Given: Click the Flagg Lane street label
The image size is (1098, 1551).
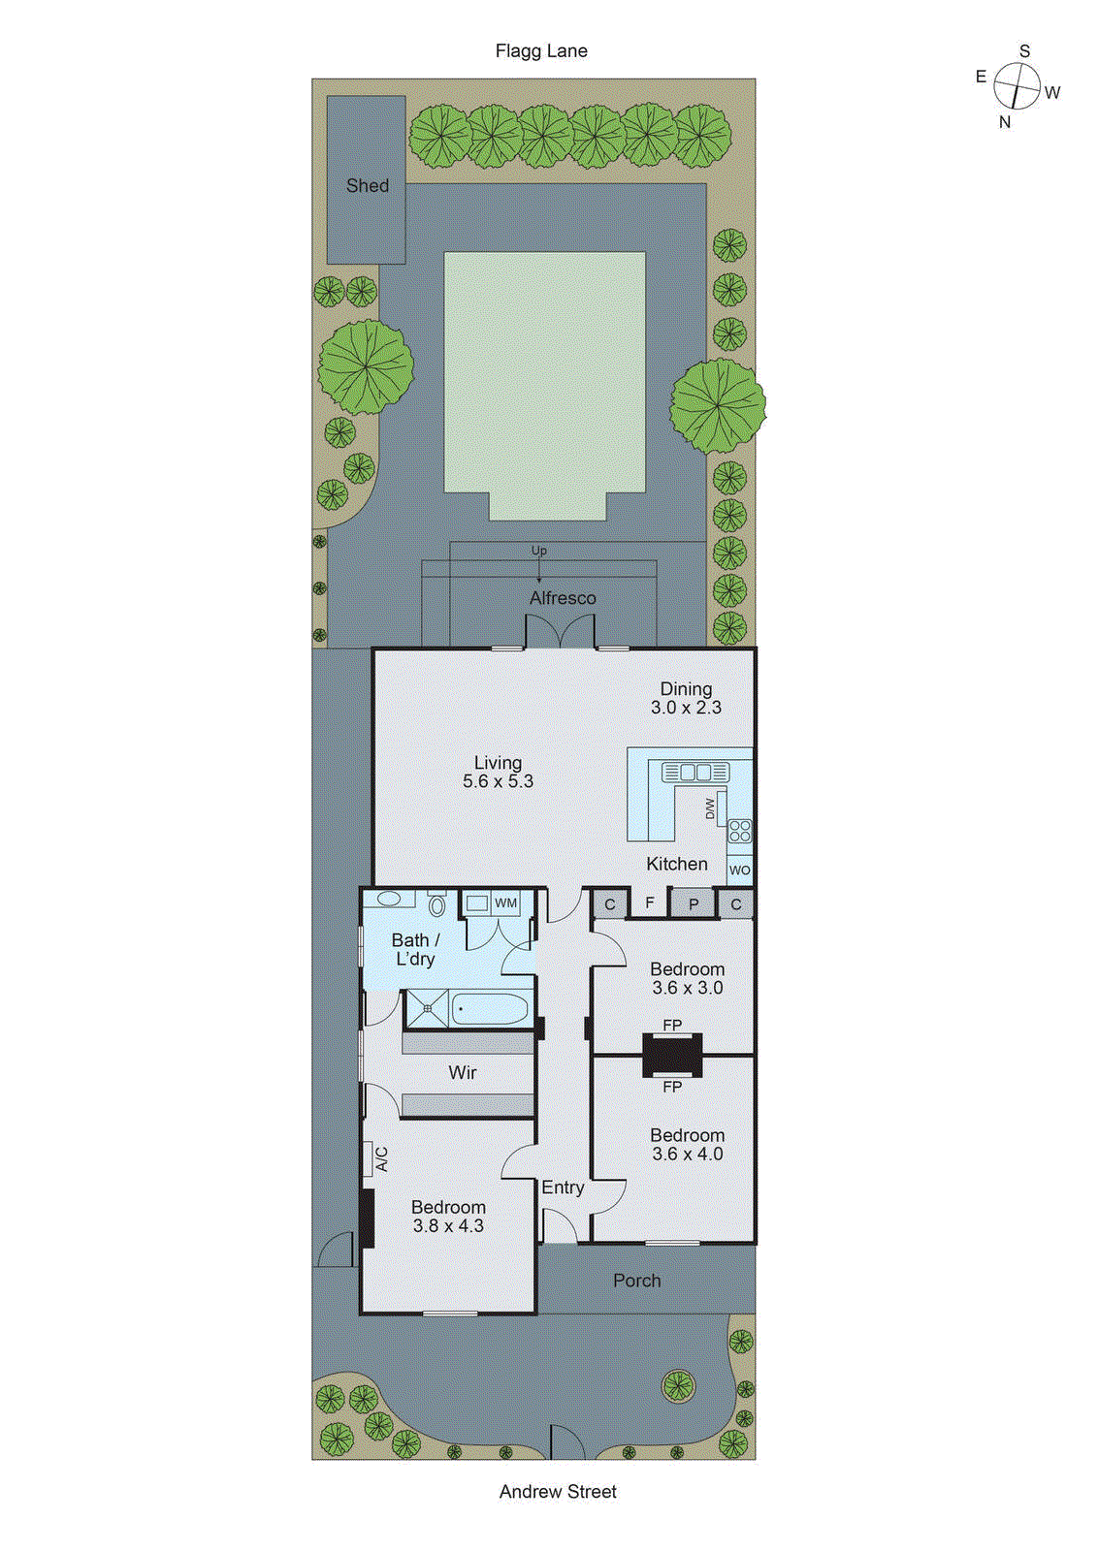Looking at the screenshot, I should point(541,51).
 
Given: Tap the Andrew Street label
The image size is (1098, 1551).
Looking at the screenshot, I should point(558,1492).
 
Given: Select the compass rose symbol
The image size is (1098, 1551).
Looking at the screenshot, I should point(1017,86).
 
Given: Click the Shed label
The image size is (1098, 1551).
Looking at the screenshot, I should point(368,185).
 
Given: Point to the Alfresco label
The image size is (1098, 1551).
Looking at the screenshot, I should point(563,598).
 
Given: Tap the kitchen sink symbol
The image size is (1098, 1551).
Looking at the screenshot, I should point(694,773).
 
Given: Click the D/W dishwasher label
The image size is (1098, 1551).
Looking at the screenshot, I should point(711,807).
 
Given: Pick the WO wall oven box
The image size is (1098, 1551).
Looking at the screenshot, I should point(739,870).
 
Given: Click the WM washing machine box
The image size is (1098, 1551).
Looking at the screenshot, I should point(505,902).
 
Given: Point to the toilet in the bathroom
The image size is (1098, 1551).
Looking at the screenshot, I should point(437,905).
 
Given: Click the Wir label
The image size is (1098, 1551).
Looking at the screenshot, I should point(463,1072).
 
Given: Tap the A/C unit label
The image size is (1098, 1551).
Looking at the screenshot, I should point(380,1158).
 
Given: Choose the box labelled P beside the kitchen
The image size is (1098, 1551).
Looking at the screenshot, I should point(694,904).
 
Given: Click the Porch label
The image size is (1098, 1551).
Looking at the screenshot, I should point(636,1281).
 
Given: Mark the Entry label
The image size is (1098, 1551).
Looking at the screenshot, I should point(563,1187).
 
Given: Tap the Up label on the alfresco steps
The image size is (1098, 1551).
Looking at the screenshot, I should point(539,551).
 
